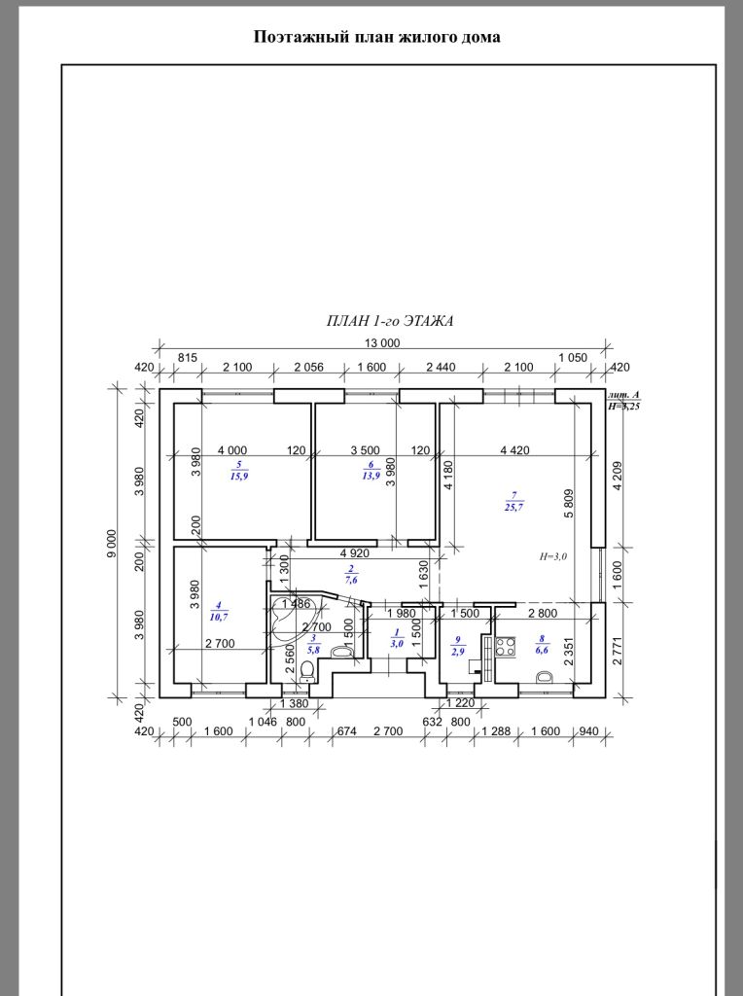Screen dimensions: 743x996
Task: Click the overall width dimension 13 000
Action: pyautogui.click(x=381, y=343)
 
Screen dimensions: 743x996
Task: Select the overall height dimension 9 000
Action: pyautogui.click(x=113, y=543)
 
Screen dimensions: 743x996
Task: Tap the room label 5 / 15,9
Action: pyautogui.click(x=239, y=471)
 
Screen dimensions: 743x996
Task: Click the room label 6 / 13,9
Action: pyautogui.click(x=371, y=471)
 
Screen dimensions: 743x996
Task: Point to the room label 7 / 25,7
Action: pyautogui.click(x=514, y=502)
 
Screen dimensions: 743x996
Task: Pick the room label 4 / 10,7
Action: pyautogui.click(x=219, y=611)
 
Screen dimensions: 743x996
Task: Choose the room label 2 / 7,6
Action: pyautogui.click(x=351, y=574)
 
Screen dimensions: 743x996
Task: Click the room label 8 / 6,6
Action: pyautogui.click(x=542, y=645)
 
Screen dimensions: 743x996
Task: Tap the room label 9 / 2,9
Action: pyautogui.click(x=457, y=647)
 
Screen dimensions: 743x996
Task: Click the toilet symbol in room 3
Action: pyautogui.click(x=307, y=671)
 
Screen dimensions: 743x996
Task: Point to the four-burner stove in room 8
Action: pyautogui.click(x=506, y=647)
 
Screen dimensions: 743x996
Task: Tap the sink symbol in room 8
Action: pyautogui.click(x=546, y=677)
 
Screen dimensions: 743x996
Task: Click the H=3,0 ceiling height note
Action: pyautogui.click(x=553, y=556)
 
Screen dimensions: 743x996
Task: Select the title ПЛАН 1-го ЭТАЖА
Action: pyautogui.click(x=390, y=321)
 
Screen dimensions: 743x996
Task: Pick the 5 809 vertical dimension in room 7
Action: pyautogui.click(x=568, y=503)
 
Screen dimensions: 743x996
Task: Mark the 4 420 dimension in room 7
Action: pyautogui.click(x=514, y=450)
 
